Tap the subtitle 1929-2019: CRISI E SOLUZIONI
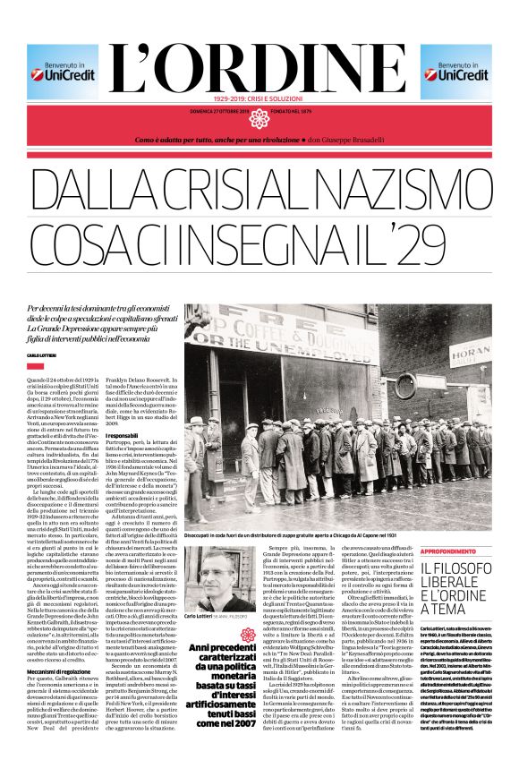[x=259, y=98]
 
